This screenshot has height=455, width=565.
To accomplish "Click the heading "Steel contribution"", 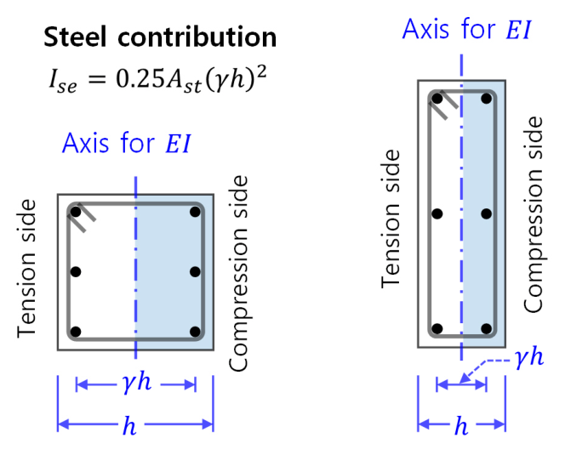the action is tap(160, 37).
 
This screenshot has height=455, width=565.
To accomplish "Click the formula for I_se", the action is tap(157, 79).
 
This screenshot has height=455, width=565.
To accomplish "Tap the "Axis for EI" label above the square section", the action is tap(126, 143).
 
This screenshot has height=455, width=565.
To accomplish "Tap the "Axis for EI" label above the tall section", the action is tap(466, 28).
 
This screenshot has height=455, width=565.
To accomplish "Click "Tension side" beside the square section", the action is tap(27, 269).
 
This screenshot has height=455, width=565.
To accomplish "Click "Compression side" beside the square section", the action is tap(239, 273).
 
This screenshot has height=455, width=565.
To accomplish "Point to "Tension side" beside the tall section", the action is tap(391, 219).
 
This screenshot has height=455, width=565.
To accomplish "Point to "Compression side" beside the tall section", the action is tap(534, 214).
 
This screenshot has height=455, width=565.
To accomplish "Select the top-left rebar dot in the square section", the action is tap(76, 212).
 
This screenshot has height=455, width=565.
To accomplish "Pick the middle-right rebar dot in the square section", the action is tap(195, 271).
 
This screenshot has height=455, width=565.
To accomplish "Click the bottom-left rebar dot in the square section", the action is tap(76, 332).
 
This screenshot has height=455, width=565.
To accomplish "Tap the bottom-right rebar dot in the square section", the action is tap(195, 332).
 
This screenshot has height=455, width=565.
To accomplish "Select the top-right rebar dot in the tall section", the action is tap(486, 99).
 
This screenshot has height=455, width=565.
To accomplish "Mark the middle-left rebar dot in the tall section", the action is tap(437, 213).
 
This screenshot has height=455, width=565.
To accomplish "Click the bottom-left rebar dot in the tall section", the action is tap(437, 328).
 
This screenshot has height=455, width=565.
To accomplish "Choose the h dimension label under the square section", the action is tap(129, 425).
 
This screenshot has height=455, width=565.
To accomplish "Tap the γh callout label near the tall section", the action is tap(529, 358).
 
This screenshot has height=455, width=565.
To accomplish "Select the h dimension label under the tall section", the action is tap(461, 425).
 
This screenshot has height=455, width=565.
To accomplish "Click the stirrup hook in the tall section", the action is tap(443, 105).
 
